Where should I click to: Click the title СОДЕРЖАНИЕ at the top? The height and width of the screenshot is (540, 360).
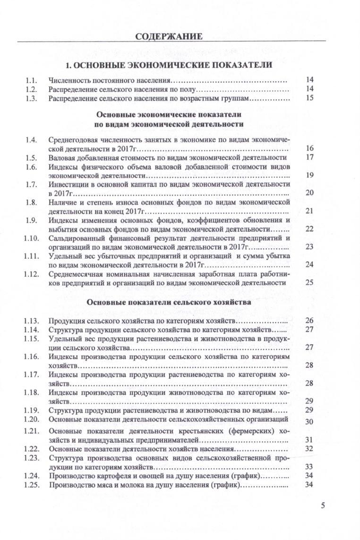[x=169, y=36]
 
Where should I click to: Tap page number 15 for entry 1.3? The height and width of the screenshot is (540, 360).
[x=310, y=98]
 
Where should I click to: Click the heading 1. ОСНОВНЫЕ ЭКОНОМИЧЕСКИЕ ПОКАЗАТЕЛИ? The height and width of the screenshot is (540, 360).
[x=169, y=64]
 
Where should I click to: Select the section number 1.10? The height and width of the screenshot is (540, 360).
[x=31, y=238]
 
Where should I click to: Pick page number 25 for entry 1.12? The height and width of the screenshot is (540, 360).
[x=310, y=283]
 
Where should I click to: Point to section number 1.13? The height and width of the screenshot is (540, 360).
[x=31, y=321]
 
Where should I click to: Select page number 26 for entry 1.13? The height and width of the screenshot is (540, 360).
[x=310, y=321]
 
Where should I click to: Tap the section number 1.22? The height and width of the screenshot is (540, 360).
[x=31, y=448]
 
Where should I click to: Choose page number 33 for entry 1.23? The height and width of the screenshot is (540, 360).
[x=310, y=466]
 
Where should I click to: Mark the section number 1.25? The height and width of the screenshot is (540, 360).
[x=31, y=485]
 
